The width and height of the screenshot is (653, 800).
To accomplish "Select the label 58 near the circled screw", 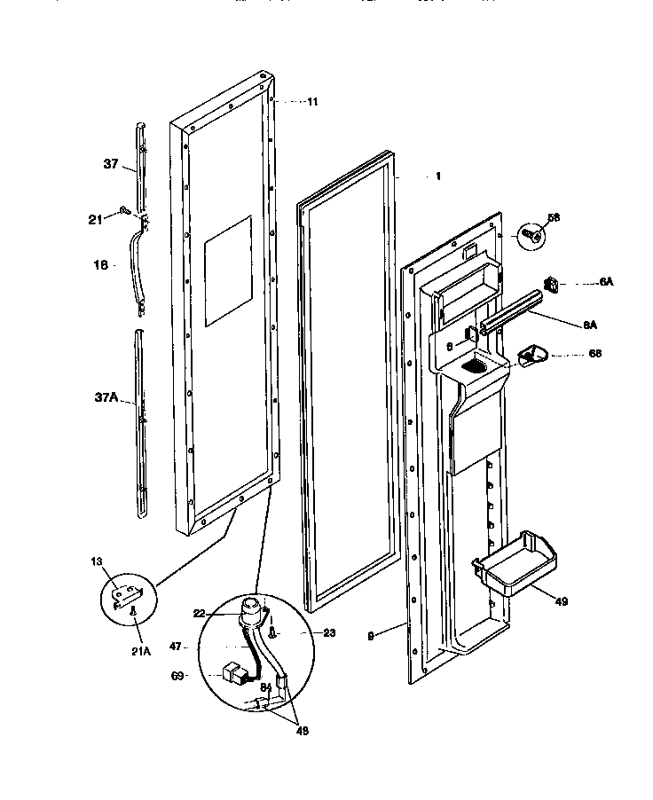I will [554, 217].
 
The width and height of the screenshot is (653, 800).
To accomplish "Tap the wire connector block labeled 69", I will [233, 674].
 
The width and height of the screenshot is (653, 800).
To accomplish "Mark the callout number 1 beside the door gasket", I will [437, 176].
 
